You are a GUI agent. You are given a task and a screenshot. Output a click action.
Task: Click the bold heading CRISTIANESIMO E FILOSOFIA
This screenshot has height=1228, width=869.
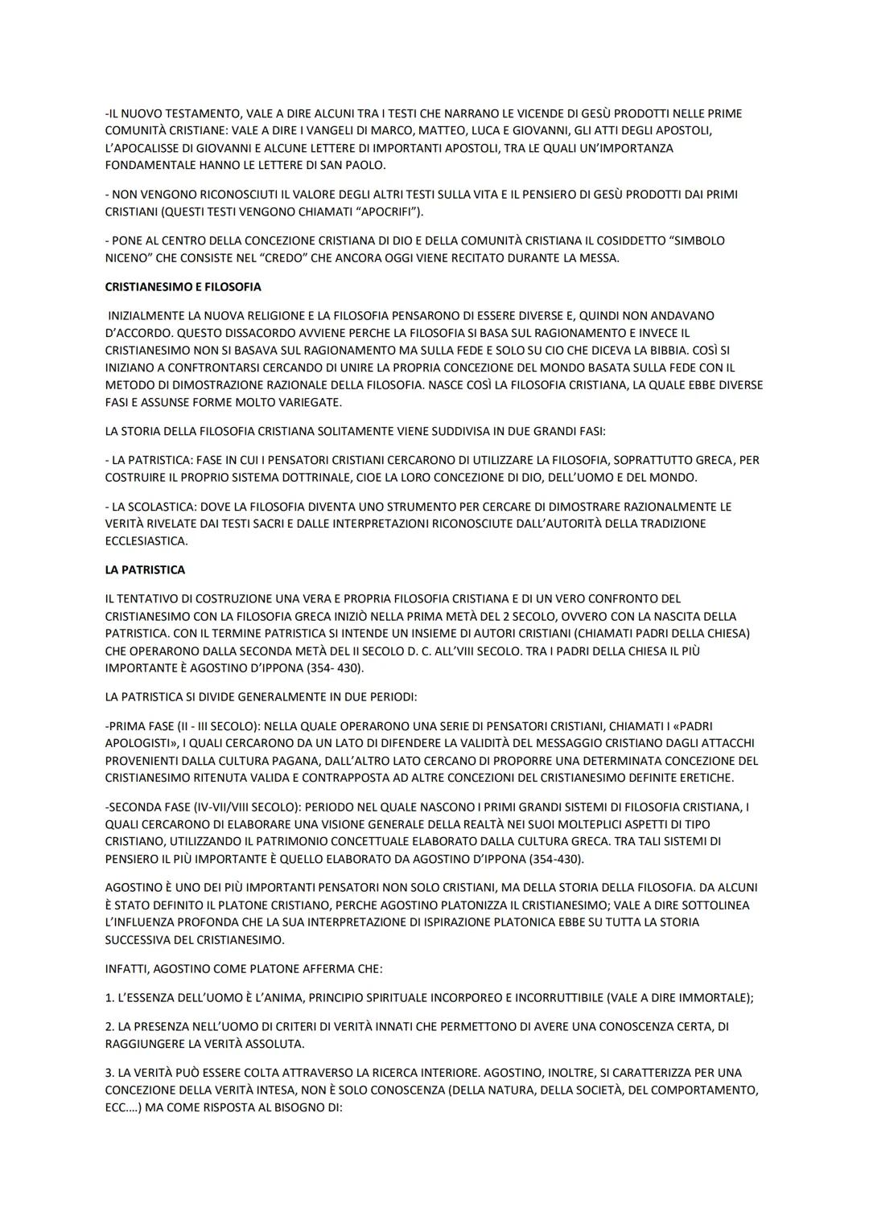[x=183, y=287]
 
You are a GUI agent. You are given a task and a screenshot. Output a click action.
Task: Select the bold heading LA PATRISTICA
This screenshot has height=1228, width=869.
[x=145, y=570]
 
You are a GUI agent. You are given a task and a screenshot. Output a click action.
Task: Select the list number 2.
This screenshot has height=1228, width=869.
[x=109, y=1027]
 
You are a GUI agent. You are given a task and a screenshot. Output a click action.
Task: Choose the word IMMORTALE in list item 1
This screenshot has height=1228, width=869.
[x=707, y=998]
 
